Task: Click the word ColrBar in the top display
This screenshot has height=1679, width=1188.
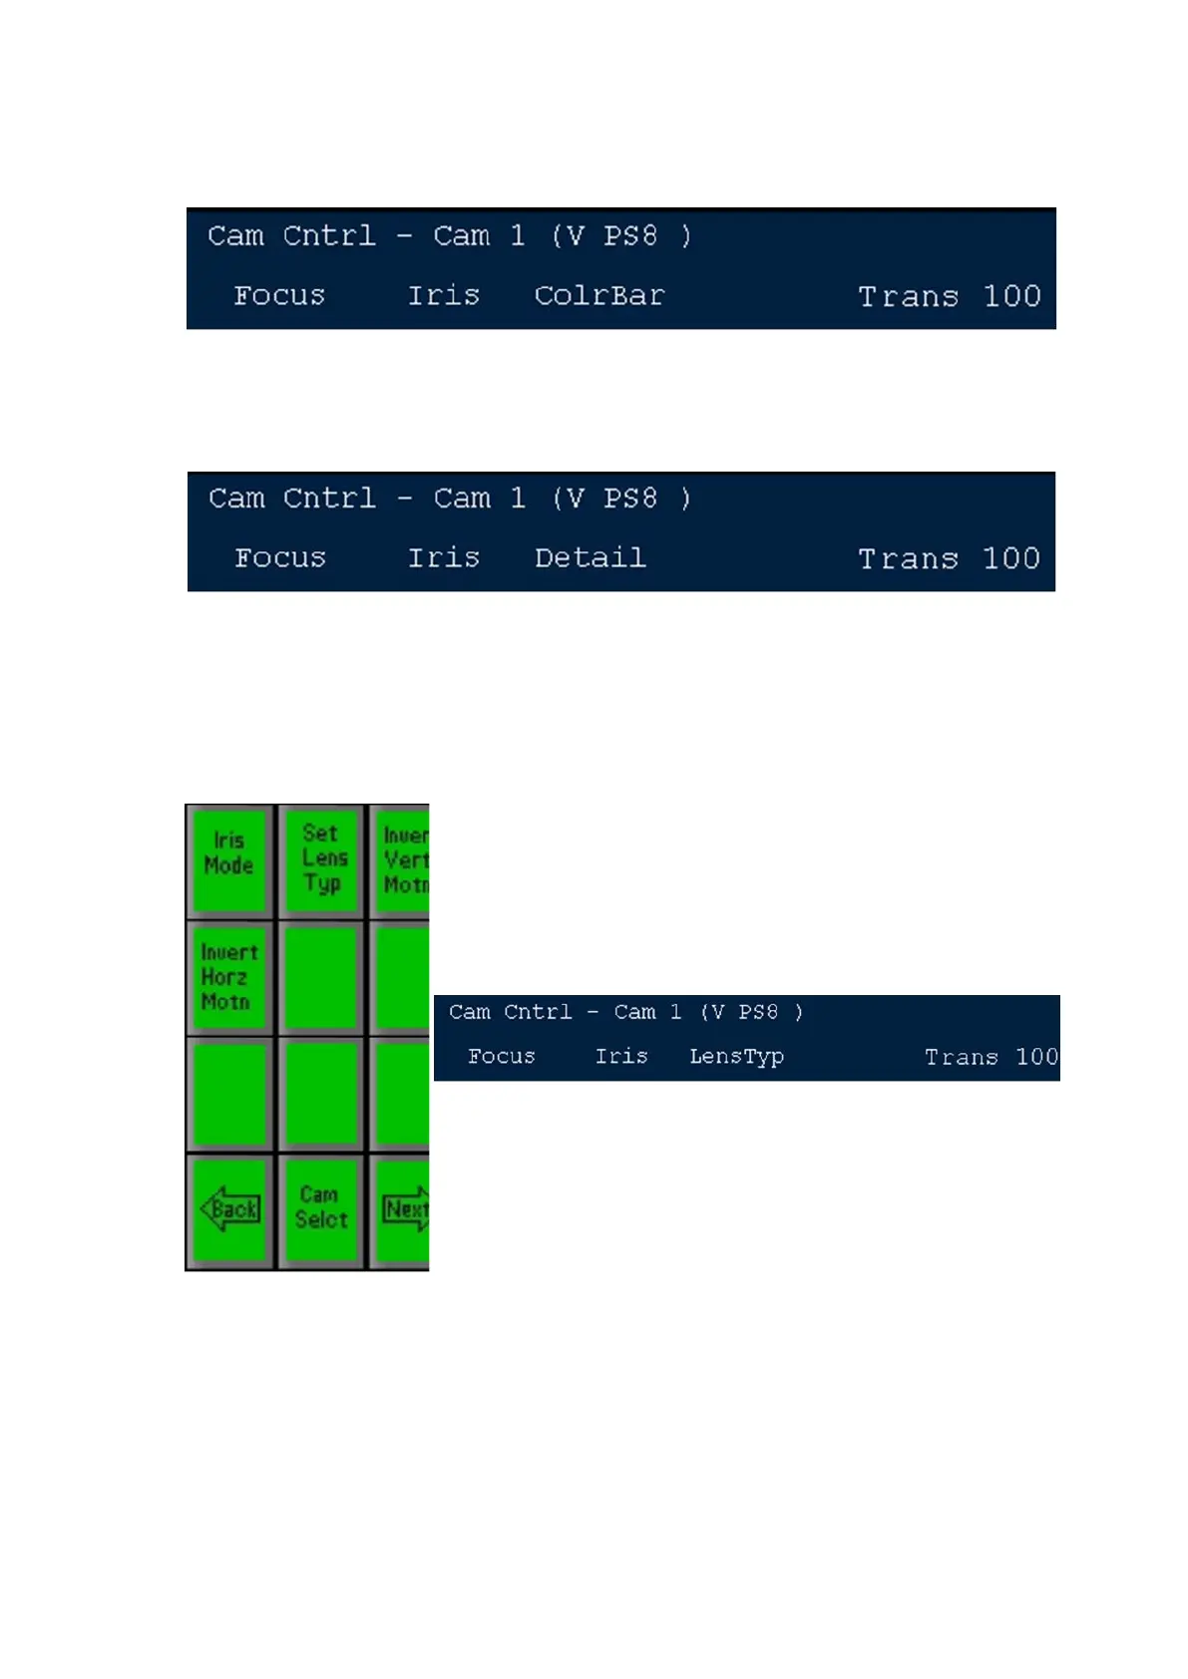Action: coord(598,296)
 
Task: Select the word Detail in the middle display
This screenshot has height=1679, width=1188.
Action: coord(590,558)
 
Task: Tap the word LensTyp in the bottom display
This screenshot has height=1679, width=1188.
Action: coord(736,1057)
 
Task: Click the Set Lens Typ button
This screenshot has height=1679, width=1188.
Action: coord(322,858)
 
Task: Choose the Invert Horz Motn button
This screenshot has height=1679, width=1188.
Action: coord(228,977)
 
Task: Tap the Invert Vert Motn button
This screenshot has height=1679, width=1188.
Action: coord(404,859)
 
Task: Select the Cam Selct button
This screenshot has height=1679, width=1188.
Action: coord(320,1207)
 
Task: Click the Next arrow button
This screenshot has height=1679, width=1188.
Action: coord(405,1209)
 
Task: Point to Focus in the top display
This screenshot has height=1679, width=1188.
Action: coord(279,296)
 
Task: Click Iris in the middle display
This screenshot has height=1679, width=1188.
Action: coord(443,558)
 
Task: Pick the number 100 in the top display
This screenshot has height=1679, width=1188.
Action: coord(1011,296)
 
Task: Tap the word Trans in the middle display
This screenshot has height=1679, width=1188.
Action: coord(908,559)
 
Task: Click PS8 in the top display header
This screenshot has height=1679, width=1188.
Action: coord(629,236)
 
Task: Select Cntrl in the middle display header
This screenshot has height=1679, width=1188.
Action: coord(329,499)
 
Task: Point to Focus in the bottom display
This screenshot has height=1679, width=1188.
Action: coord(501,1057)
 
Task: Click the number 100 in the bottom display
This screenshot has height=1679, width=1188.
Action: coord(1036,1057)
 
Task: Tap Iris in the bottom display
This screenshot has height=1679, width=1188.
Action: coord(620,1057)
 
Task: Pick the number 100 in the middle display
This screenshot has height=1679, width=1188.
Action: coord(1011,559)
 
